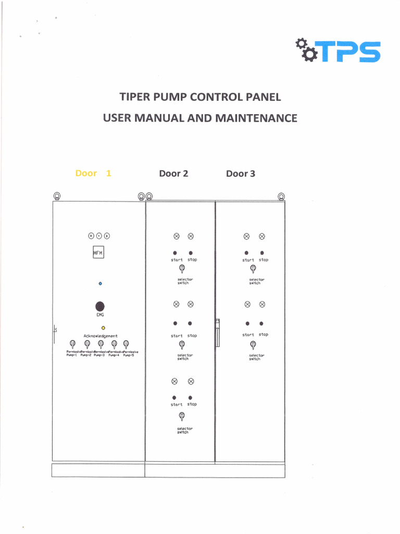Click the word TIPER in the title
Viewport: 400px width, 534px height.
point(136,97)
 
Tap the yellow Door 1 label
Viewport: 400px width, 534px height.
point(93,173)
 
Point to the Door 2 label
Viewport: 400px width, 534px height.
point(173,174)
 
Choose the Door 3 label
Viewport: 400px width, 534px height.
point(240,174)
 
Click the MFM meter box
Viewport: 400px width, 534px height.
point(98,253)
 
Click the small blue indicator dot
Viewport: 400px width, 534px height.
point(100,284)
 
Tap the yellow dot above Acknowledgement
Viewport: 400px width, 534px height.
point(103,327)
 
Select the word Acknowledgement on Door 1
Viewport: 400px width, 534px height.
point(101,336)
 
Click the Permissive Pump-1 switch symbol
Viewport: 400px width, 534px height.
point(73,344)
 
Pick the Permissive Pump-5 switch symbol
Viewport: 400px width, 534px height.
point(126,344)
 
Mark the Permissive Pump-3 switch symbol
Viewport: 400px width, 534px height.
point(100,344)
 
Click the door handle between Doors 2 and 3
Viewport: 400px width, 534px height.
point(217,333)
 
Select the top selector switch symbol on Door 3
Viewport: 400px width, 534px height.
point(252,269)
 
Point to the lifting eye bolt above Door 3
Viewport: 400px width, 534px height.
point(281,196)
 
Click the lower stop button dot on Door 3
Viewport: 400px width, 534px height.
point(261,323)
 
